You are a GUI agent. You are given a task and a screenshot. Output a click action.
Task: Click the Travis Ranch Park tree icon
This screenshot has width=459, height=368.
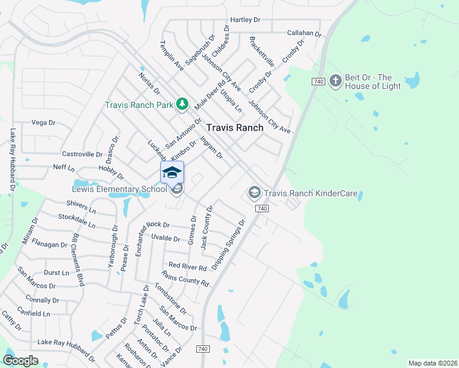click(x=182, y=104)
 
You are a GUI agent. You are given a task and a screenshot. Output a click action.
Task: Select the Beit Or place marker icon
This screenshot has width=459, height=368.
click(x=335, y=80)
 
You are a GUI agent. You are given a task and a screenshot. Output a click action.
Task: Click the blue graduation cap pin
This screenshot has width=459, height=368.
click(x=172, y=172)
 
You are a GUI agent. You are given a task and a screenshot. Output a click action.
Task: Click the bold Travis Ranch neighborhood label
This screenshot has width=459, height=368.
click(x=234, y=128)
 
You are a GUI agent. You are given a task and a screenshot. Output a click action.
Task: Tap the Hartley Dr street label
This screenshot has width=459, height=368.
click(x=245, y=20)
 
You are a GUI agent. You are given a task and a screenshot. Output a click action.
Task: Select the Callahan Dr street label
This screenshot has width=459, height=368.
click(x=304, y=33)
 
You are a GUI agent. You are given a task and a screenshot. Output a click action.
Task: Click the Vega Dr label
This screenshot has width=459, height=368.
click(x=43, y=123)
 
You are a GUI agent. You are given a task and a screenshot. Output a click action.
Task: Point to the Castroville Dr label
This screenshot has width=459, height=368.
click(x=82, y=155)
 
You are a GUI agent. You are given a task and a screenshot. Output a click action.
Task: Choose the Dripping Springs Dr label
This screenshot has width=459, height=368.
click(x=228, y=244)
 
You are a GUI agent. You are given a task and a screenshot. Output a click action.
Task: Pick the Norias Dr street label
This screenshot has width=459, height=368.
click(x=149, y=83)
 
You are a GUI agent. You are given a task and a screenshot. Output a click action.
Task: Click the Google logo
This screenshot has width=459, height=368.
click(x=21, y=361)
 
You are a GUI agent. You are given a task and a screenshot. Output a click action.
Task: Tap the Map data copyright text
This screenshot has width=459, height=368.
click(x=433, y=363)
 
